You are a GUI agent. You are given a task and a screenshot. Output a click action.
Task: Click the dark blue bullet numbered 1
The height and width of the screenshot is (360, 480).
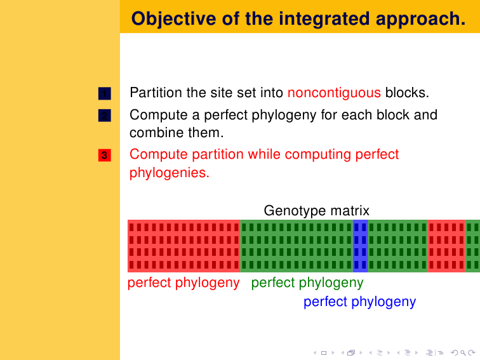click(104, 93)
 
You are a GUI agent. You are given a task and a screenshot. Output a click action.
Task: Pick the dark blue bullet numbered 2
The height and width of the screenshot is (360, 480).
click(104, 116)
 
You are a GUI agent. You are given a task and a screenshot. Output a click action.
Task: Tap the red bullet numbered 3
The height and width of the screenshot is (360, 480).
click(104, 155)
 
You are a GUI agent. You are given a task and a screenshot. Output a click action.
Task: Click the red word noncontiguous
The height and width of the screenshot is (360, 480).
click(334, 93)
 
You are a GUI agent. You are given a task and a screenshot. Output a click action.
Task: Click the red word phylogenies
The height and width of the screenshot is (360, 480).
click(170, 173)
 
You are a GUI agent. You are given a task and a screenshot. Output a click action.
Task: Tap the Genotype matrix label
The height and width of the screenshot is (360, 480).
click(317, 211)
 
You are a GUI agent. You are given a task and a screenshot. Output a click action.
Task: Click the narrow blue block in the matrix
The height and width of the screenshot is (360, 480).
click(360, 246)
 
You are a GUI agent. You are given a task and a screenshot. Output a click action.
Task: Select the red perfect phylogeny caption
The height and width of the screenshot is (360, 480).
click(183, 283)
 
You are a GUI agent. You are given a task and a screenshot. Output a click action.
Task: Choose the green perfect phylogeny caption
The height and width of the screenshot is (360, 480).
click(307, 283)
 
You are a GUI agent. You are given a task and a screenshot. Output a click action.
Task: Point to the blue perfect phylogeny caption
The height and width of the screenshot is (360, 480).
click(360, 302)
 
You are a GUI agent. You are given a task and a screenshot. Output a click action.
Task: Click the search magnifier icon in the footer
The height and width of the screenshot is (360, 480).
click(463, 353)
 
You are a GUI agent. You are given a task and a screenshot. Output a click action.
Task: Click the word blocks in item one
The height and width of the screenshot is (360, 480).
click(407, 93)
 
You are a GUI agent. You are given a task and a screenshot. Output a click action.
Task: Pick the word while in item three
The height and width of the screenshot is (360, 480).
click(264, 154)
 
